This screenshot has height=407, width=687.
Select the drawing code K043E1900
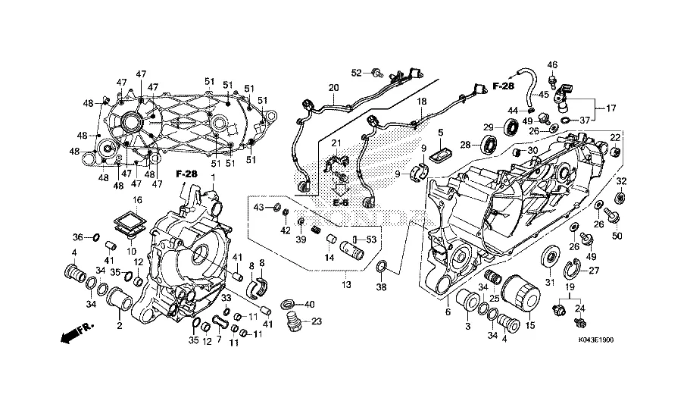tap(595, 340)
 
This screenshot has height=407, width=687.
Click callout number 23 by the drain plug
tap(317, 321)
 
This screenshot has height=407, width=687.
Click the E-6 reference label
tap(340, 203)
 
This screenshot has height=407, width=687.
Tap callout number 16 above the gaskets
tap(138, 200)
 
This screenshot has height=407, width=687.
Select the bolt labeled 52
tap(376, 71)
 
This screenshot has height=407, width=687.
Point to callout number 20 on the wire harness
tap(334, 88)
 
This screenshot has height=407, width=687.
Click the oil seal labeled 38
tap(382, 265)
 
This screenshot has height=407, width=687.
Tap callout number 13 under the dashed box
tap(346, 285)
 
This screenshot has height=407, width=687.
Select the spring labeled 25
tap(492, 278)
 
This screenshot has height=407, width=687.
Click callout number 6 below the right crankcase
tap(448, 312)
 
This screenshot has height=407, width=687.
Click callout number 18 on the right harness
tap(421, 102)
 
